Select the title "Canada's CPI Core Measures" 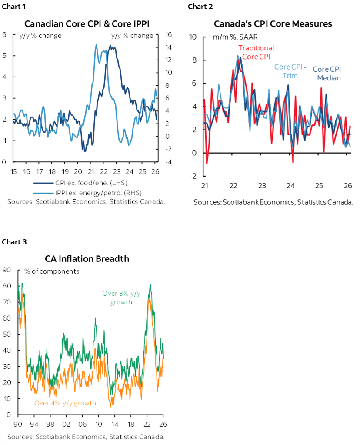tap(273, 23)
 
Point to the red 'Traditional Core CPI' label tap(256, 52)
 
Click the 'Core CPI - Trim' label tap(290, 71)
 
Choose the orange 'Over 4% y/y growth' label tap(65, 403)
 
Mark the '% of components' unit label tap(52, 271)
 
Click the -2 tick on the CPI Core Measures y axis tap(194, 176)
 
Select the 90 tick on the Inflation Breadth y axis tap(7, 270)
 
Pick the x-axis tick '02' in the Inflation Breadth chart tap(66, 424)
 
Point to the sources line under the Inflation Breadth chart tap(86, 436)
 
